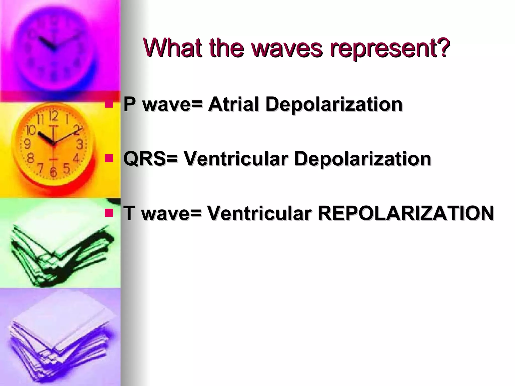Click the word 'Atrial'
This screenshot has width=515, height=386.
(233, 104)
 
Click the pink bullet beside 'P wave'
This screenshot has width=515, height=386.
(109, 104)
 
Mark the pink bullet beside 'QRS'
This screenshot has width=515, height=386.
(109, 159)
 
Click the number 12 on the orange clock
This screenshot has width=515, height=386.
(53, 116)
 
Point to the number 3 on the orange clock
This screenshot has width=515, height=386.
(79, 144)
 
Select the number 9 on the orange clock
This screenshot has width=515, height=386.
(27, 144)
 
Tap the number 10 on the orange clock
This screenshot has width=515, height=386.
(31, 130)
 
